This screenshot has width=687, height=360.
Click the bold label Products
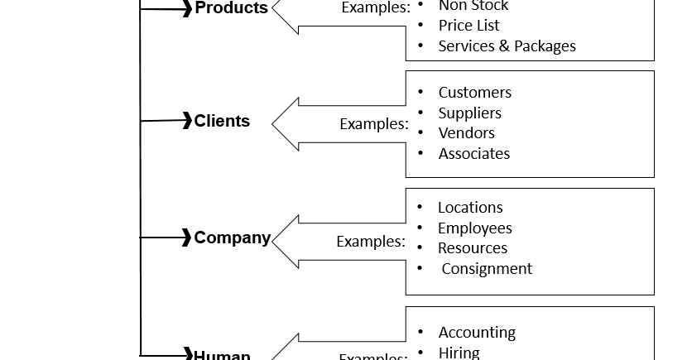pyautogui.click(x=231, y=8)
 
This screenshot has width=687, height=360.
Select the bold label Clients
pyautogui.click(x=222, y=121)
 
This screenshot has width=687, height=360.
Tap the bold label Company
pyautogui.click(x=232, y=238)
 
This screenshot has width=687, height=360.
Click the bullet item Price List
pyautogui.click(x=468, y=26)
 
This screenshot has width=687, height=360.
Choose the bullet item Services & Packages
pyautogui.click(x=507, y=46)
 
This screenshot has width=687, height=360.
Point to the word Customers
pyautogui.click(x=474, y=93)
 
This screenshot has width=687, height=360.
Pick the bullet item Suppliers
pyautogui.click(x=469, y=113)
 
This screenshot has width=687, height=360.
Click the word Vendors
pyautogui.click(x=466, y=133)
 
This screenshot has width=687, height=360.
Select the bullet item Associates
pyautogui.click(x=473, y=154)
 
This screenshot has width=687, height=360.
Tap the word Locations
pyautogui.click(x=470, y=208)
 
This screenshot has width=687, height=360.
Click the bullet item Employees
pyautogui.click(x=474, y=228)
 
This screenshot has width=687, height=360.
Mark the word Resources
pyautogui.click(x=472, y=248)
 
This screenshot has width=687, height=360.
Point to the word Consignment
pyautogui.click(x=487, y=269)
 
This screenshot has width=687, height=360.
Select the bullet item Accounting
pyautogui.click(x=477, y=333)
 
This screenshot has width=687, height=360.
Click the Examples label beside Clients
pyautogui.click(x=374, y=124)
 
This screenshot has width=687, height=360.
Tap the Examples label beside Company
pyautogui.click(x=371, y=242)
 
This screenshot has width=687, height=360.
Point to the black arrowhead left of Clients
pyautogui.click(x=187, y=121)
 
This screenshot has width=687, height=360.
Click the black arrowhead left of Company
pyautogui.click(x=187, y=238)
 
